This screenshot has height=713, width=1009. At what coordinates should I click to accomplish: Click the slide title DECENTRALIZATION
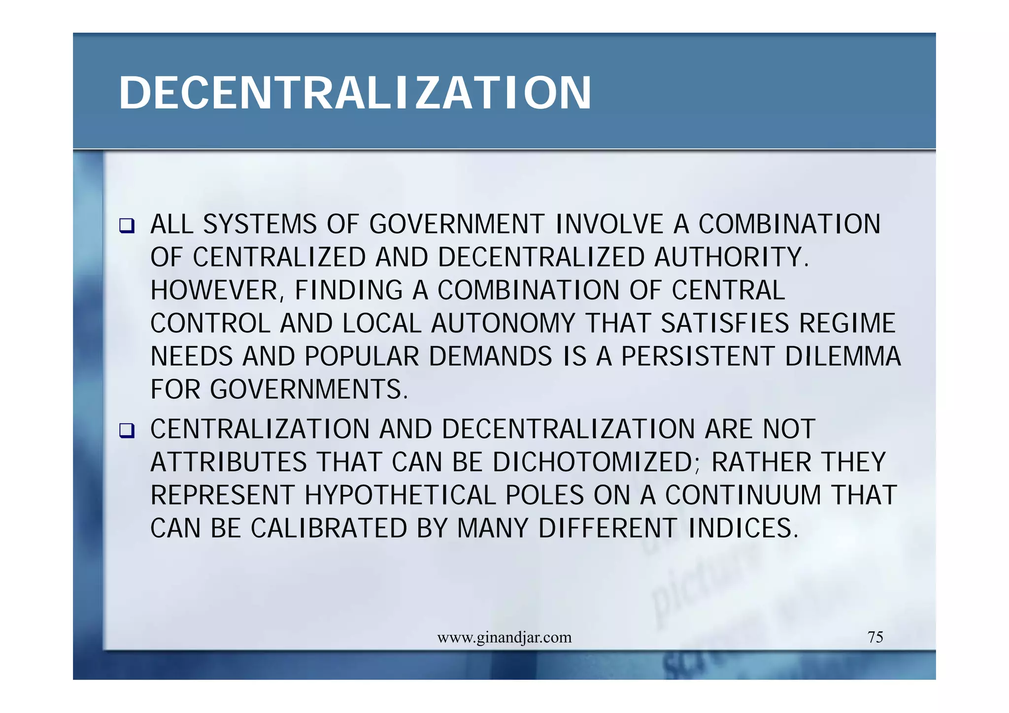(355, 93)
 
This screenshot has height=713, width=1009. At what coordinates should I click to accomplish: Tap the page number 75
(875, 637)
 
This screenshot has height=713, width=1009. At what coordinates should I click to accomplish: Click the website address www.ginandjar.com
(504, 638)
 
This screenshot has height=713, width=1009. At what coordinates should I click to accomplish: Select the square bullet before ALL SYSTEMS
(127, 226)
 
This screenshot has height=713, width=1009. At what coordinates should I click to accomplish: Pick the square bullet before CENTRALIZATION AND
(127, 431)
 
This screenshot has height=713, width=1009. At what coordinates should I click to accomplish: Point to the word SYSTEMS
(260, 225)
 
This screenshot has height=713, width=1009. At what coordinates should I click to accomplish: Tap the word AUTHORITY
(731, 258)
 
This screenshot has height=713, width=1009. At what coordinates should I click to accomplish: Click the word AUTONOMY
(503, 324)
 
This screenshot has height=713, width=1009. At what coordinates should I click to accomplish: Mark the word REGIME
(847, 324)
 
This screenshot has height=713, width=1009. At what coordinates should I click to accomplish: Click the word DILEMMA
(842, 356)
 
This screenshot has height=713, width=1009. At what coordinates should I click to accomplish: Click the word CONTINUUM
(743, 495)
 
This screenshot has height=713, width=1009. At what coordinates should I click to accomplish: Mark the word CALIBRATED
(329, 528)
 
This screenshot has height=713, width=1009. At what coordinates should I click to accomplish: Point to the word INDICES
(742, 528)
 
